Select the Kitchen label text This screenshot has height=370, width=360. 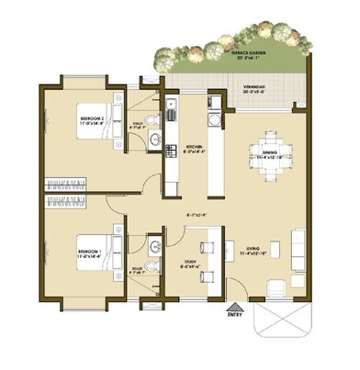click(x=195, y=150)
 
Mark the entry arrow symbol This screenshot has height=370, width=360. click(x=234, y=308)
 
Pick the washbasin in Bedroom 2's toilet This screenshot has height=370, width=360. click(x=154, y=140)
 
